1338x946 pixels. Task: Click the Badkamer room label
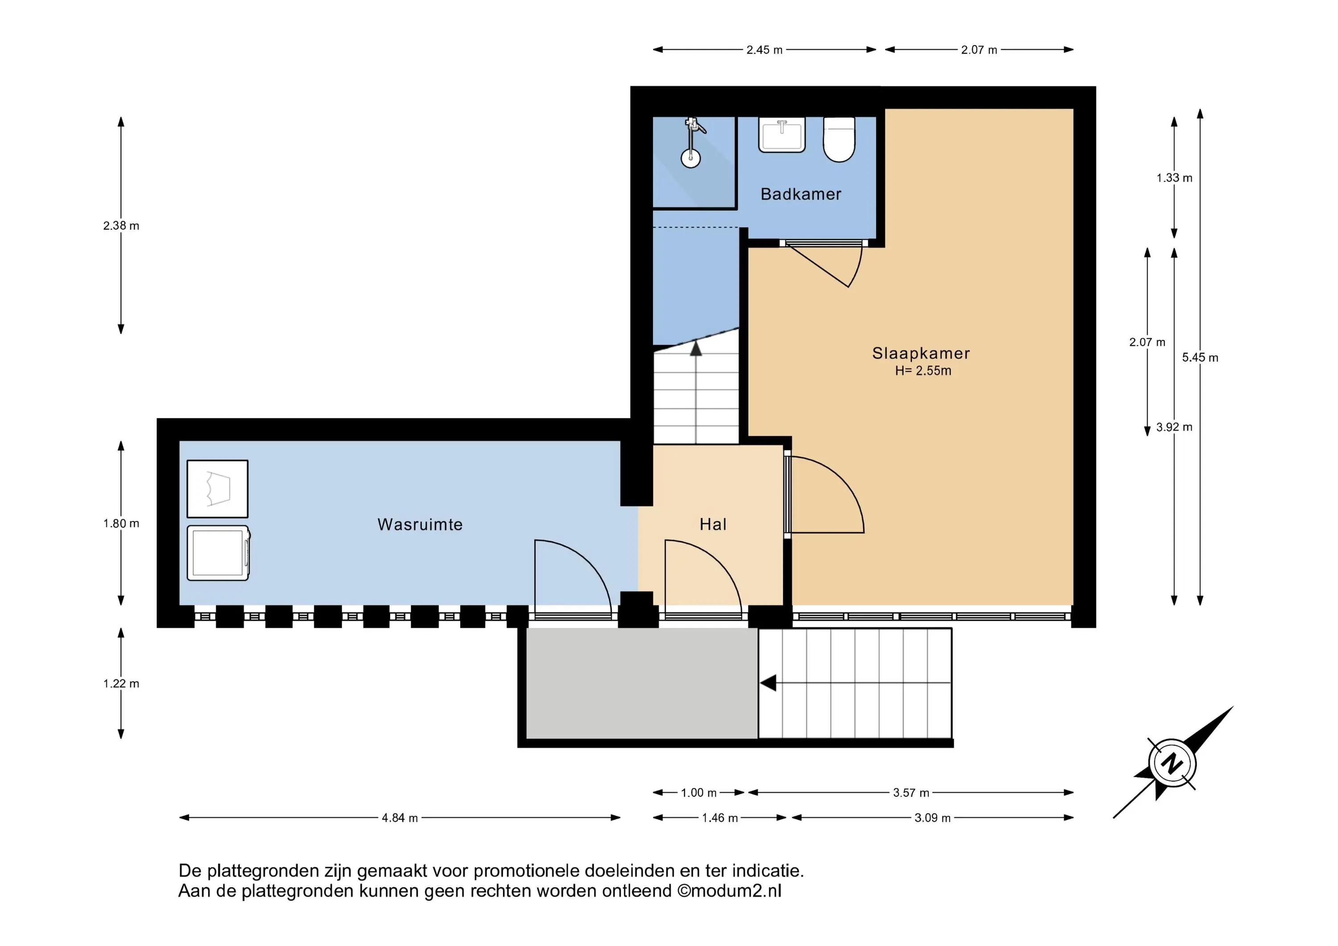801,194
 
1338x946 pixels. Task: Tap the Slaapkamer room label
921,353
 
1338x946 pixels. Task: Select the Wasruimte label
420,525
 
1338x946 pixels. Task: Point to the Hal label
713,525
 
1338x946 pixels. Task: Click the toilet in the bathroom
839,139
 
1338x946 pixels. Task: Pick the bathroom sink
782,135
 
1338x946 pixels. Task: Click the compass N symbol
1173,764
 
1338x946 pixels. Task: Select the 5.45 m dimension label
1200,358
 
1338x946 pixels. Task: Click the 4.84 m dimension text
400,818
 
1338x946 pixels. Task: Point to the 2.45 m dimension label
764,50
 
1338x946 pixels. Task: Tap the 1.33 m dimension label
1174,178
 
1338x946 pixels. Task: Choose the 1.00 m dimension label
699,793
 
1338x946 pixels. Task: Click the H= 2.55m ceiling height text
923,371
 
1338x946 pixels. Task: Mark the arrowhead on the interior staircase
696,348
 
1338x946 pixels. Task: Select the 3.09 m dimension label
933,818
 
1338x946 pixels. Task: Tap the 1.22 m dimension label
121,684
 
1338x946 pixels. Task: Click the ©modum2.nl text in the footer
729,891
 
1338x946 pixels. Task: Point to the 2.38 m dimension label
121,226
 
